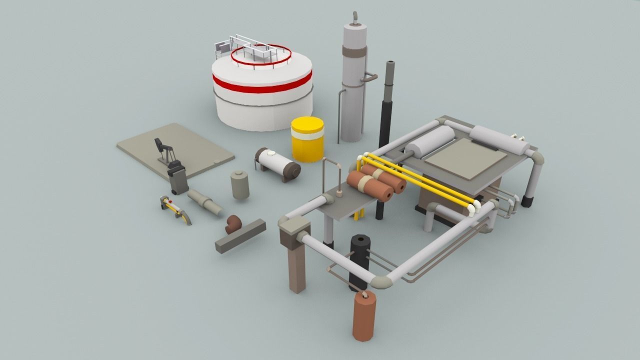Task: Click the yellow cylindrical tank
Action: point(307,140)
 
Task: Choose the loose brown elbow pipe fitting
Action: point(233,223)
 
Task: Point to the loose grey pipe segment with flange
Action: point(205,202)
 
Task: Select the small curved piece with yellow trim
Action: point(175,209)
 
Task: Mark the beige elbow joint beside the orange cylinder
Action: point(381,282)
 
